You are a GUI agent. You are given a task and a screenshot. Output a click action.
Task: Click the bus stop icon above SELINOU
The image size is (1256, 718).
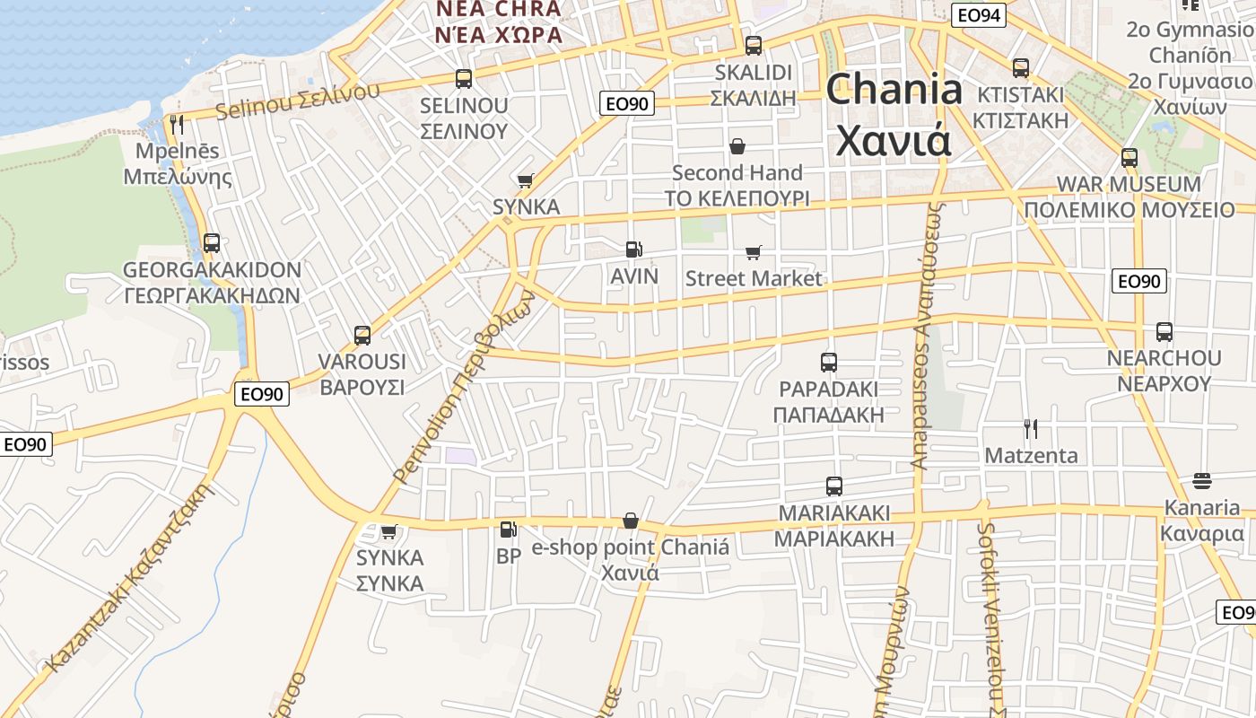(x=464, y=79)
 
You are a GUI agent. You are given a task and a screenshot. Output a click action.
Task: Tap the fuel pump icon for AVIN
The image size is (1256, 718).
(x=633, y=250)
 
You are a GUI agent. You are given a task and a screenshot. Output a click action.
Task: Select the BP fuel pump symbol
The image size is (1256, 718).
(x=508, y=530)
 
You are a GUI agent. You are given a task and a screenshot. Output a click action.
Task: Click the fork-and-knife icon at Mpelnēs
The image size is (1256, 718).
(x=177, y=124)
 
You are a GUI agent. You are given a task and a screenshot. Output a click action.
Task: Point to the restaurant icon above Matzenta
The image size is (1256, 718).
(x=1031, y=429)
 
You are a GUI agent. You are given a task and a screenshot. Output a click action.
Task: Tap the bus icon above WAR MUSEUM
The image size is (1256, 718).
(x=1129, y=158)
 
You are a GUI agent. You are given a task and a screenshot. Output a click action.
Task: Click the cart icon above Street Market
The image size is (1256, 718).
(x=753, y=253)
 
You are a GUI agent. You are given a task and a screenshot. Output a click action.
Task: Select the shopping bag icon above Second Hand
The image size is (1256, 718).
(x=737, y=145)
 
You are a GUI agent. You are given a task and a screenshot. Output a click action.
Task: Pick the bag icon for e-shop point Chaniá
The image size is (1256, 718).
(x=631, y=521)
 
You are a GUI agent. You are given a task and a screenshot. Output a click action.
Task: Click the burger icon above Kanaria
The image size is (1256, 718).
(x=1202, y=481)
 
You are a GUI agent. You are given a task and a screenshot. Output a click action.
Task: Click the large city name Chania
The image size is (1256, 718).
(x=894, y=114)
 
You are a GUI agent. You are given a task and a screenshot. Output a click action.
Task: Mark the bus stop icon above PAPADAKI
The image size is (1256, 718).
(x=829, y=363)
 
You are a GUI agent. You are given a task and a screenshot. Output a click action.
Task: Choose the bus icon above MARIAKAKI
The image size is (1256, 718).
(x=834, y=486)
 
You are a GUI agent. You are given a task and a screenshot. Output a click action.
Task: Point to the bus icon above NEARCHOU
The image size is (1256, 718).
(x=1164, y=332)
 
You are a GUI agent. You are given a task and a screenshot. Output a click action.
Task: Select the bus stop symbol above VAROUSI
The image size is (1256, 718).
(x=362, y=336)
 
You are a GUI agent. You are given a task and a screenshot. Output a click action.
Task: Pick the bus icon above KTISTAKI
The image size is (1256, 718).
(x=1021, y=68)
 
